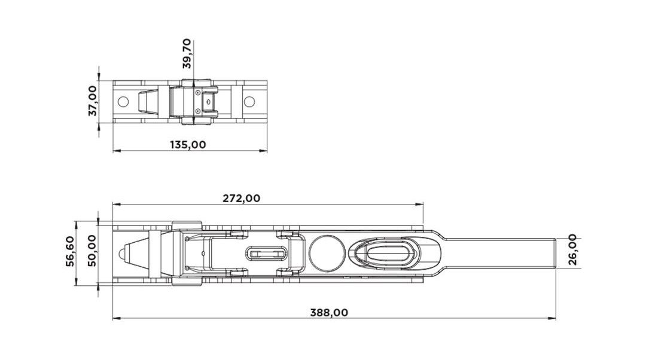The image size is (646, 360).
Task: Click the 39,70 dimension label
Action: (187, 54)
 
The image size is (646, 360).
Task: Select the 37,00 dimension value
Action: (93, 101)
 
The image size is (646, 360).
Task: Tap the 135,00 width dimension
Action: (188, 145)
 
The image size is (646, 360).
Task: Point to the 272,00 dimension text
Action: (242, 198)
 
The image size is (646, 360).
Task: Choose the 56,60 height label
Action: (71, 251)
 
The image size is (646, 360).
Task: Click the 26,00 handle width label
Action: (572, 249)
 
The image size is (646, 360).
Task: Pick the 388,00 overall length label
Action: (329, 313)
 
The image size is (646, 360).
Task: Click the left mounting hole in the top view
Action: (123, 101)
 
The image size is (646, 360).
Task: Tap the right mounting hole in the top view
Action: (249, 101)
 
